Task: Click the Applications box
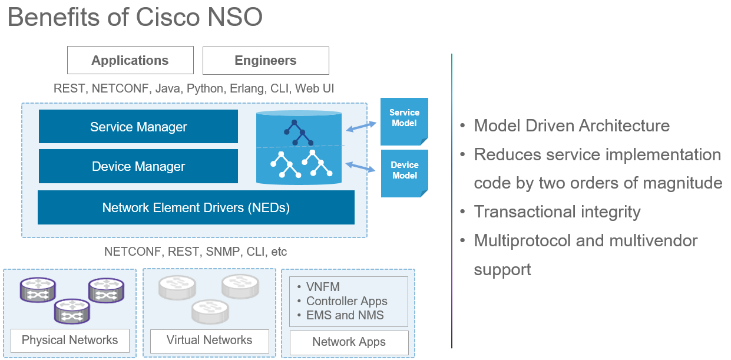point(130,61)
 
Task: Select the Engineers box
point(266,61)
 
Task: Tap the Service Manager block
point(138,127)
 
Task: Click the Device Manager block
point(138,166)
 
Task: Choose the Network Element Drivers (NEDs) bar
point(196,207)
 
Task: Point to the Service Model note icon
point(404,121)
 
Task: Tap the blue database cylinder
point(299,147)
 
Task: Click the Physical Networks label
point(70,340)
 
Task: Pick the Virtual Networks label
point(209,340)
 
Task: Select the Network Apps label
point(349,342)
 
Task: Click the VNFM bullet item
point(323,287)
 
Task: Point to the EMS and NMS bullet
point(345,315)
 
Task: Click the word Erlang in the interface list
point(247,88)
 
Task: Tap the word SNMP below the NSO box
point(220,252)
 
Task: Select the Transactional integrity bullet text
point(557,212)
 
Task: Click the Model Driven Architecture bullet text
point(571,125)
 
